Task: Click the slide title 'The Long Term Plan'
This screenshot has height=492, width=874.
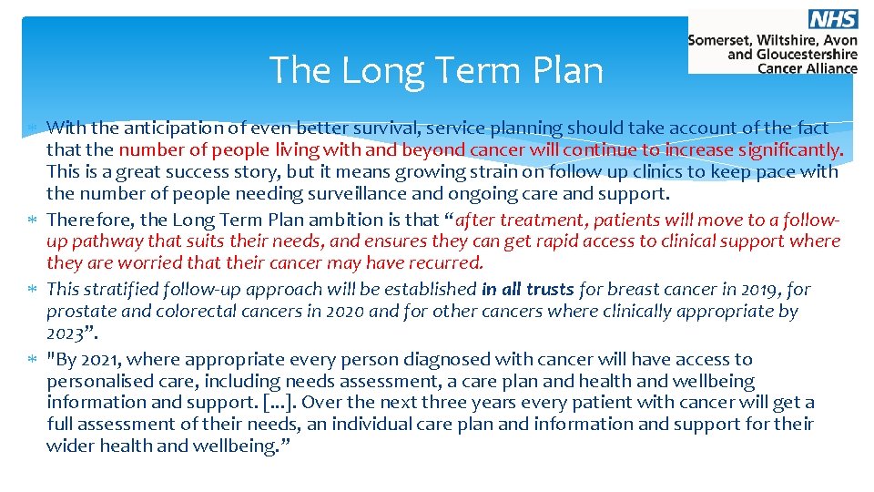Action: pos(436,70)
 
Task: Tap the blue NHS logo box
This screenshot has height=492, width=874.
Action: pos(832,20)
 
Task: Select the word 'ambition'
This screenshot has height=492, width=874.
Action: pos(346,220)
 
